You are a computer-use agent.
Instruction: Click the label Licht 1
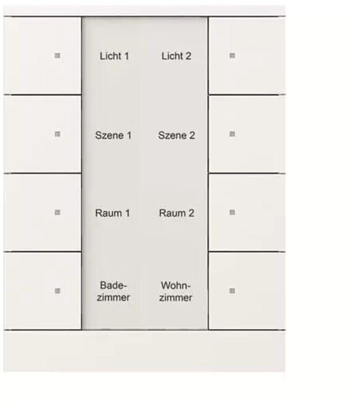pyautogui.click(x=114, y=56)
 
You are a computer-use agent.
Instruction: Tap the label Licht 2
pyautogui.click(x=176, y=56)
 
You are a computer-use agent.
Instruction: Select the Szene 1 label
pyautogui.click(x=113, y=136)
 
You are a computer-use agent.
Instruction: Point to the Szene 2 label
pyautogui.click(x=176, y=136)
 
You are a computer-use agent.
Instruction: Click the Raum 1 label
pyautogui.click(x=112, y=213)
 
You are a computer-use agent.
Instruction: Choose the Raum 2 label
pyautogui.click(x=176, y=213)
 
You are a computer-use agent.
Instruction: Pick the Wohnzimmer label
pyautogui.click(x=176, y=292)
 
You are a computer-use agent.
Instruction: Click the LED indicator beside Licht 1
pyautogui.click(x=58, y=56)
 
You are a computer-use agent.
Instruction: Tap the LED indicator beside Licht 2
pyautogui.click(x=232, y=56)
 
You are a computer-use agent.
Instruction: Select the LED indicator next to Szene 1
pyautogui.click(x=58, y=134)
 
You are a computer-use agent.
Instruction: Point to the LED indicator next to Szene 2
pyautogui.click(x=232, y=134)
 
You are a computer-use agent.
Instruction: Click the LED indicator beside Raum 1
pyautogui.click(x=58, y=213)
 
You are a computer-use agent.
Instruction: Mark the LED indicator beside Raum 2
pyautogui.click(x=232, y=213)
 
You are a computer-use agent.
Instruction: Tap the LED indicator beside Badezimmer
pyautogui.click(x=58, y=291)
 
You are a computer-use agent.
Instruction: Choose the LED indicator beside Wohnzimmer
pyautogui.click(x=232, y=291)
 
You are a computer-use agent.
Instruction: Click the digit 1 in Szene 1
pyautogui.click(x=128, y=136)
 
